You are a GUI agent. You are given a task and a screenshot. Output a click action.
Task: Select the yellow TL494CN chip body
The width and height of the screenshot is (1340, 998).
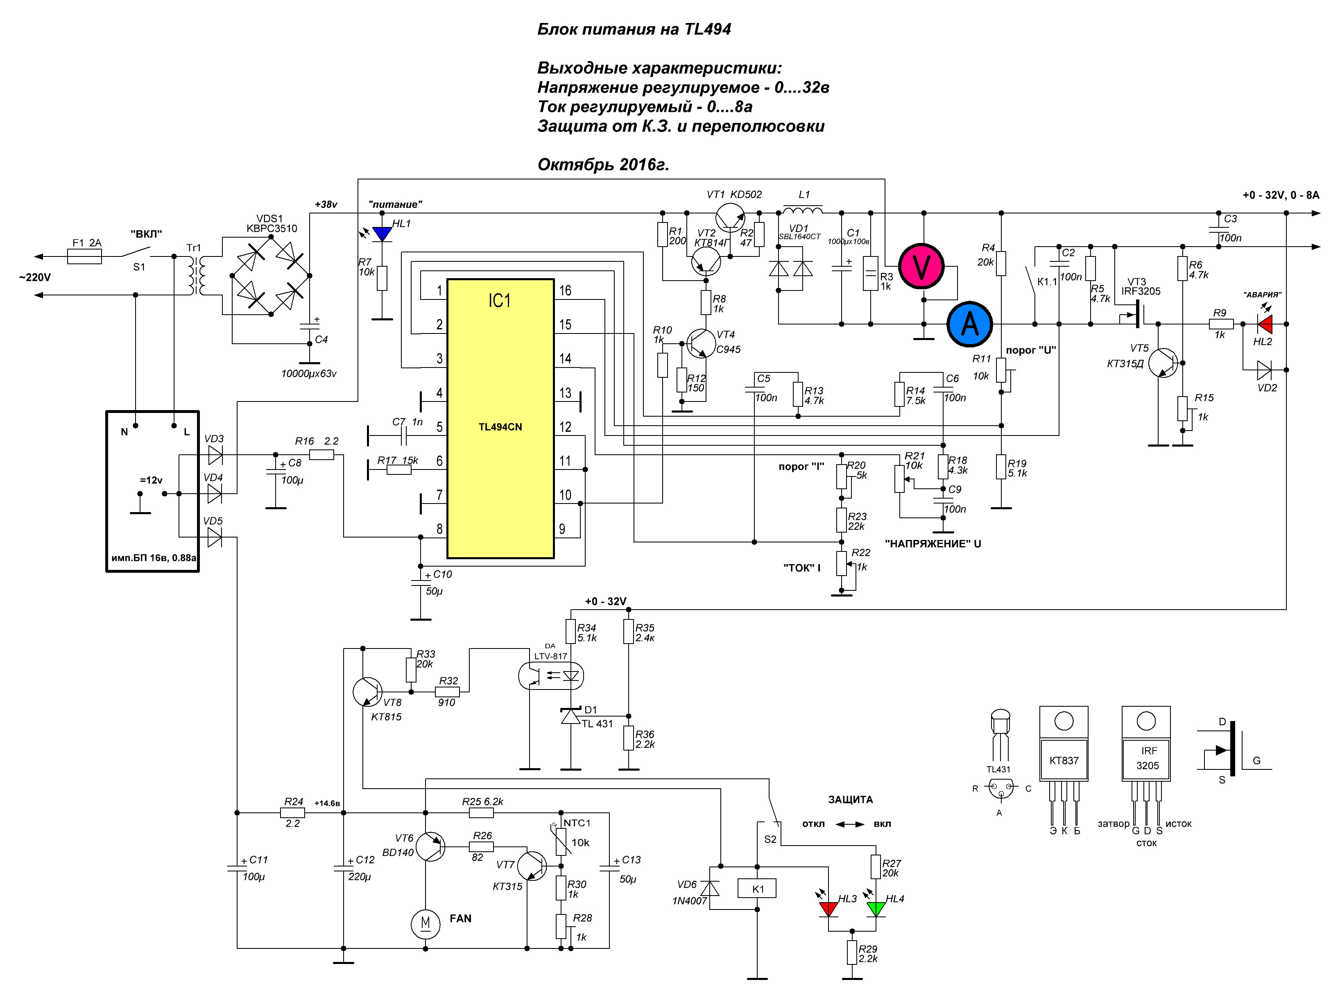pos(500,418)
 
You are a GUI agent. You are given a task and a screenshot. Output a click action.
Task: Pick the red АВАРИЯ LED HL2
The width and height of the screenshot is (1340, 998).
pos(1265,324)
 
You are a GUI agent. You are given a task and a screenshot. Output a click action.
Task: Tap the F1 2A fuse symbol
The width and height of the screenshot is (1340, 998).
pos(84,257)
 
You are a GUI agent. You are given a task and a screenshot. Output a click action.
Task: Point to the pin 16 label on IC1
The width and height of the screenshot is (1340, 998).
pos(565,290)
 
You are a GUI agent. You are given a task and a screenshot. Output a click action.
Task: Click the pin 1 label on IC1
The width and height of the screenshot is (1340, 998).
pos(439,290)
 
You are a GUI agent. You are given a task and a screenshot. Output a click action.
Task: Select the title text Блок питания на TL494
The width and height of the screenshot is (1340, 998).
pos(634,29)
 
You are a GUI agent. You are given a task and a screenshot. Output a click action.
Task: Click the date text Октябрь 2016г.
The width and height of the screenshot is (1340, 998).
pos(603,164)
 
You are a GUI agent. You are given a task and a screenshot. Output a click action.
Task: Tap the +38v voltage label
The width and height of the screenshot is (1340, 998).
pos(326,204)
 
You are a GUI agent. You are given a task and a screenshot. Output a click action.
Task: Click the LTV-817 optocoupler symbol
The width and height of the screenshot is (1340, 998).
pos(551,676)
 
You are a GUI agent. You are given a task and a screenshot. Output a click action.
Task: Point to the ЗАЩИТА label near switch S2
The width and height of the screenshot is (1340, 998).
pos(850,799)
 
